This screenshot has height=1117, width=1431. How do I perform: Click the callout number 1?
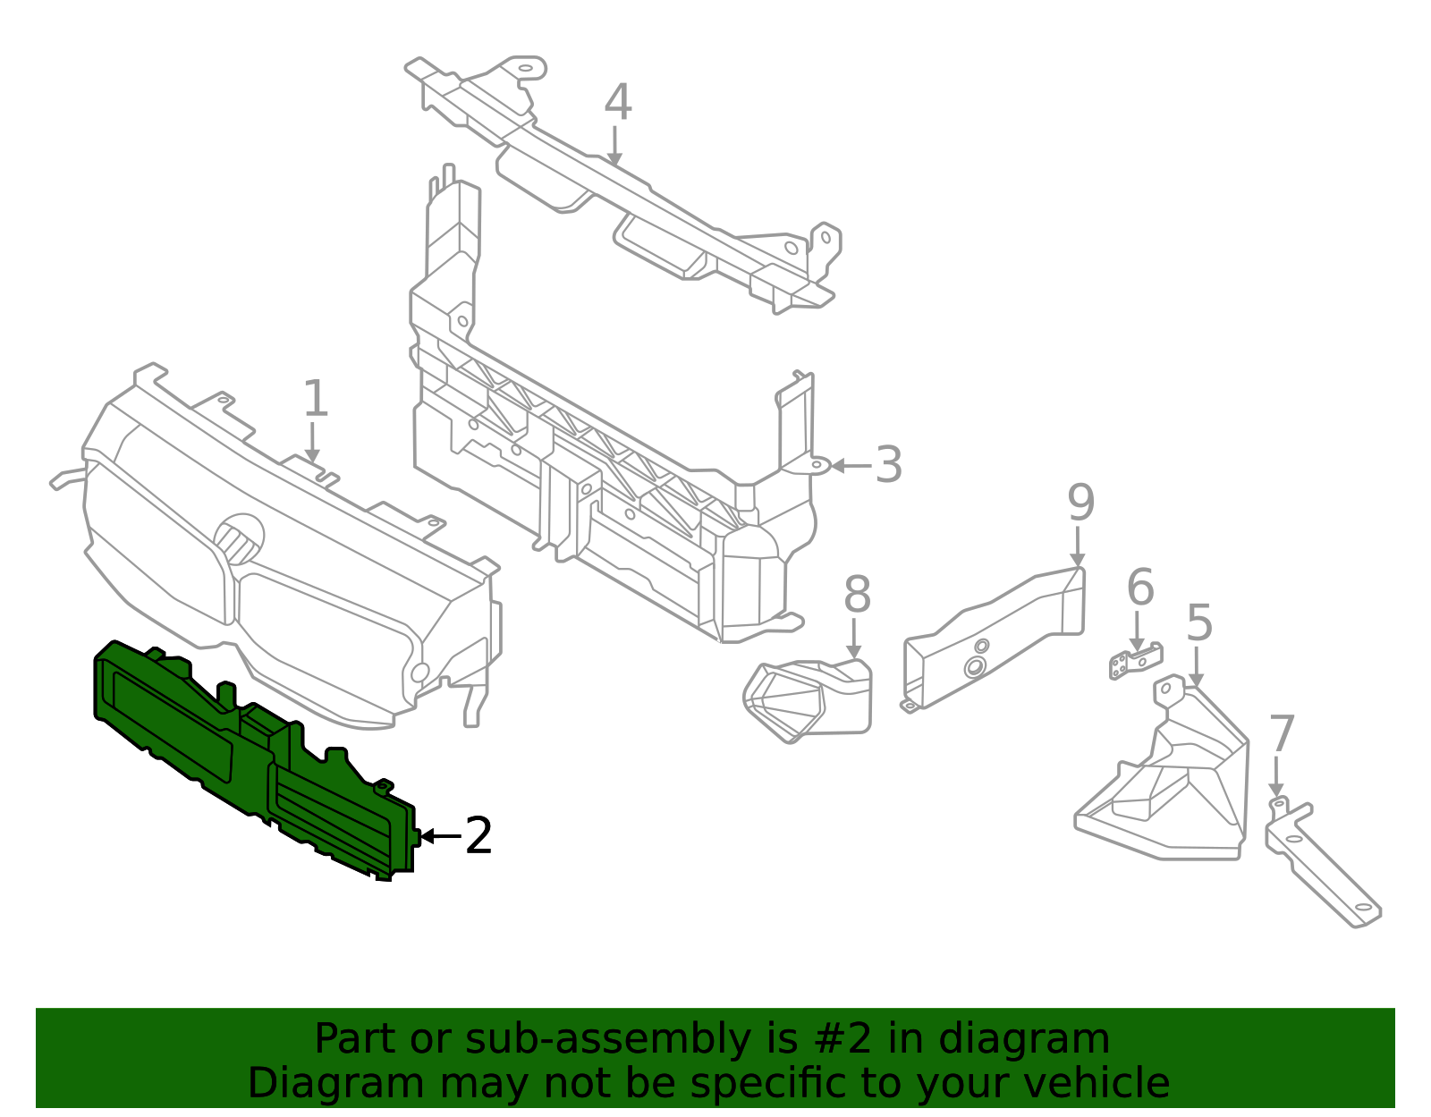(316, 399)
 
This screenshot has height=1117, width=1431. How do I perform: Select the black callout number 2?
(478, 836)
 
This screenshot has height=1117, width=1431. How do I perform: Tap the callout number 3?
(888, 465)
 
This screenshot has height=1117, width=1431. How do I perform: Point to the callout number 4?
(617, 103)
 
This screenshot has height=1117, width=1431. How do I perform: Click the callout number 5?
(1198, 623)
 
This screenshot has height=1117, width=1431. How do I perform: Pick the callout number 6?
(1139, 588)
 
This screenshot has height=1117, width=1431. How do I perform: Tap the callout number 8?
(856, 595)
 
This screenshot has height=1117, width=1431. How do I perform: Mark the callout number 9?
(1080, 503)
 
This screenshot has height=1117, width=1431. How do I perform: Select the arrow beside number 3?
(850, 465)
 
